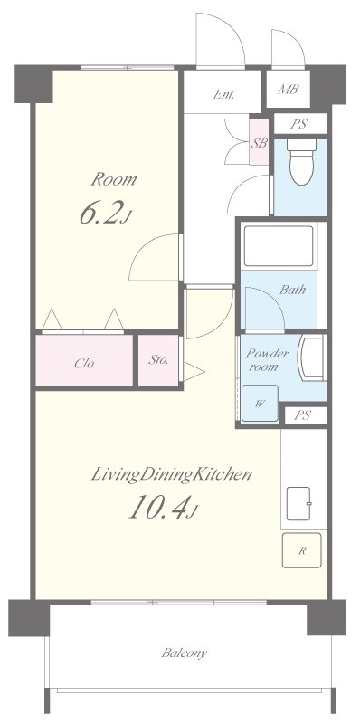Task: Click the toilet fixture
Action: pos(301,162)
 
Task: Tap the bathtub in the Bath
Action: pos(279,246)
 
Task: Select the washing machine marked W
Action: pos(260,403)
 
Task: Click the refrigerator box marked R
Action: pos(302,550)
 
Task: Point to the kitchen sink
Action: pos(298,503)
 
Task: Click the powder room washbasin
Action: pos(311,358)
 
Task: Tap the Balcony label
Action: pos(185,653)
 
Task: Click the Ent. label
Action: pos(223,95)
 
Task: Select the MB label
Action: pos(288,89)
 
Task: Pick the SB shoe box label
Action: pos(259,143)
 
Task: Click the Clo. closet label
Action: pos(85,364)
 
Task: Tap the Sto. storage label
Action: pos(158,360)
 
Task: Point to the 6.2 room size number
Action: pos(99,213)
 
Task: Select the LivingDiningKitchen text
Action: pos(171,475)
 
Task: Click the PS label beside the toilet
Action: pos(300,124)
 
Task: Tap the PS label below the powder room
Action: pos(303,415)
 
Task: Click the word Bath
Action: pos(293,290)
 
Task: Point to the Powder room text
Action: pos(267,360)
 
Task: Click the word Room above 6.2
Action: pos(114,179)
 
